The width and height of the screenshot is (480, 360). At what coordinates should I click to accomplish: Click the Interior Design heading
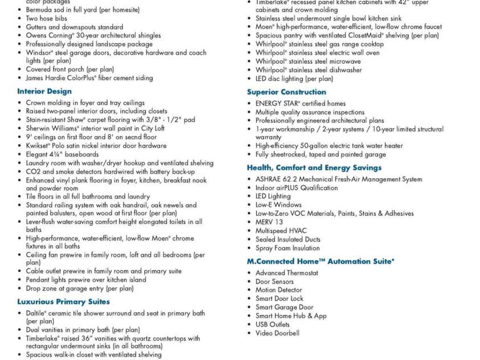click(44, 91)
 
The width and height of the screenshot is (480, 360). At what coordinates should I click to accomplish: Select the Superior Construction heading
click(286, 92)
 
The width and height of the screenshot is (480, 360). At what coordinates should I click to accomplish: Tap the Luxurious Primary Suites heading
click(63, 301)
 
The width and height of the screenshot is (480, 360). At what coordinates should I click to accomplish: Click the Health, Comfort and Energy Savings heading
click(314, 167)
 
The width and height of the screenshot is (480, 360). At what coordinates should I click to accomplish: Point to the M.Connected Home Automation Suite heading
click(320, 261)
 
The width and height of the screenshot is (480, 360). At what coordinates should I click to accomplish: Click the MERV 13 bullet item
click(269, 222)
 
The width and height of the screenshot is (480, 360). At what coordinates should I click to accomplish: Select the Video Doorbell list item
click(277, 333)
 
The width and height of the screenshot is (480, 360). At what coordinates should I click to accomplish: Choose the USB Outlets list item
click(272, 324)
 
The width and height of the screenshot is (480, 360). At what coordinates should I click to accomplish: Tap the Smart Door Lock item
click(279, 298)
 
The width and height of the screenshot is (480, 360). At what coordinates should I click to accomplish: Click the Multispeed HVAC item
click(281, 231)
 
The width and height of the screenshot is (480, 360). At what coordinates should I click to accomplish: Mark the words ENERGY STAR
click(277, 103)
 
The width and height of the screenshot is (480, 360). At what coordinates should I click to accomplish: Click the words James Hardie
click(47, 78)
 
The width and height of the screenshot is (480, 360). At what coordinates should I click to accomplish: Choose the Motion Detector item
click(278, 290)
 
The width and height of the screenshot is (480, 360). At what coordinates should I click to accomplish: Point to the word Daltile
click(37, 313)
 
